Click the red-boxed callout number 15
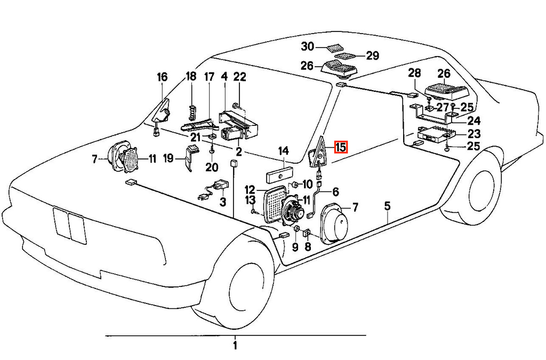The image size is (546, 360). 341,147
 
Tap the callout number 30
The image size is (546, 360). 308,46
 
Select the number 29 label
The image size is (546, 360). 372,55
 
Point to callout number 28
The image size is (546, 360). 414,73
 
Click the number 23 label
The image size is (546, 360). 474,134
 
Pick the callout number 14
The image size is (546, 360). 284,151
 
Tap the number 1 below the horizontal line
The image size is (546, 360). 235,346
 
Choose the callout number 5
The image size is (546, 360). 388,206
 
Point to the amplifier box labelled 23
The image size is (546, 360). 436,134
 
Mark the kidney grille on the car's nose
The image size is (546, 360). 70,226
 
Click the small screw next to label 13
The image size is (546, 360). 253,211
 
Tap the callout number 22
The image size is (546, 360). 239,77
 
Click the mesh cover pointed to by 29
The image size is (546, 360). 344,56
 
